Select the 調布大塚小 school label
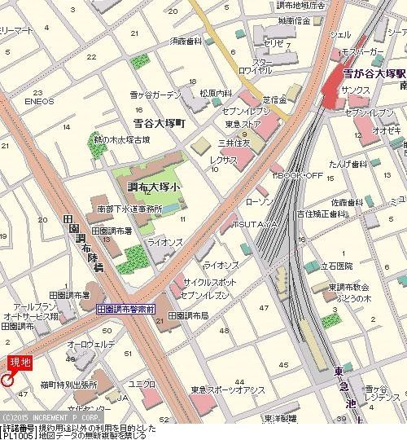tap(155, 186)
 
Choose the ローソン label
tap(258, 200)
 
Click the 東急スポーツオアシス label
tap(228, 389)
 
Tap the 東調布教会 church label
tap(348, 287)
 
